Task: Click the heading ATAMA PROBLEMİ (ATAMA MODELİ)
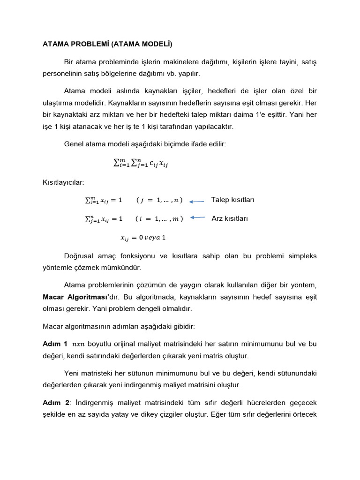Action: tap(107, 45)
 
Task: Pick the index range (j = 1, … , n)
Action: tap(159, 200)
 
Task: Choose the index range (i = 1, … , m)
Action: tap(158, 218)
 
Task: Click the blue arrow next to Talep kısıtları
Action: tap(196, 201)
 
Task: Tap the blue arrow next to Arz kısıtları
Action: tap(198, 217)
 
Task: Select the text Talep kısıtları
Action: tap(233, 200)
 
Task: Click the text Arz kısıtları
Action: tap(230, 218)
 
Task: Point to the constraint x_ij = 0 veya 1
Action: tap(143, 237)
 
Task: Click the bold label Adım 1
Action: tap(55, 344)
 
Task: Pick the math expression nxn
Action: tap(79, 345)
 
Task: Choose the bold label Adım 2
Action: tap(56, 403)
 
